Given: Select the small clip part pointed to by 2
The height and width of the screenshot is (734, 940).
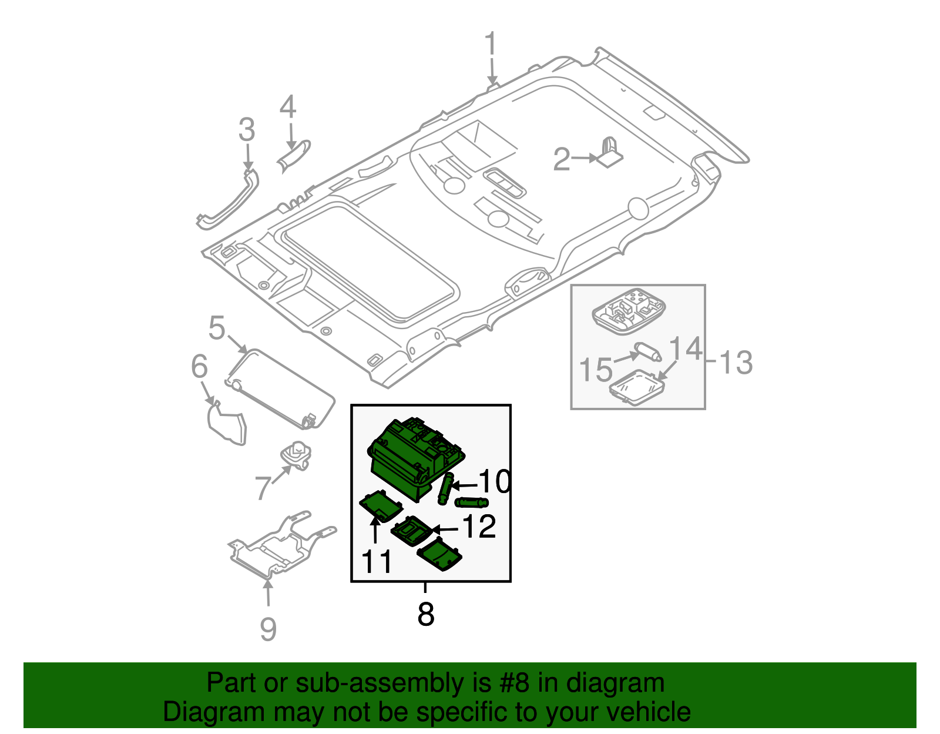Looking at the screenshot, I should [x=610, y=153].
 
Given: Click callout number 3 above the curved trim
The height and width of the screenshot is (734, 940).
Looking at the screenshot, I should [x=247, y=130].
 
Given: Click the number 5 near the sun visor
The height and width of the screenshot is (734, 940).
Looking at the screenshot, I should [x=217, y=328].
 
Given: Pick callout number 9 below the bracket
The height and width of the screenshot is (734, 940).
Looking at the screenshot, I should [x=268, y=629].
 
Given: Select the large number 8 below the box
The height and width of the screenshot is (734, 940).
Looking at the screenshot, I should [x=425, y=614].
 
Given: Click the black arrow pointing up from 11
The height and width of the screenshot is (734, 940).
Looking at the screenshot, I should [x=375, y=528].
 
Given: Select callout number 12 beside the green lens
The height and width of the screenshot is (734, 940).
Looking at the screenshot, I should [x=479, y=527].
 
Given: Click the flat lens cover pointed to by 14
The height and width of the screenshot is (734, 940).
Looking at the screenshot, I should [x=637, y=387].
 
